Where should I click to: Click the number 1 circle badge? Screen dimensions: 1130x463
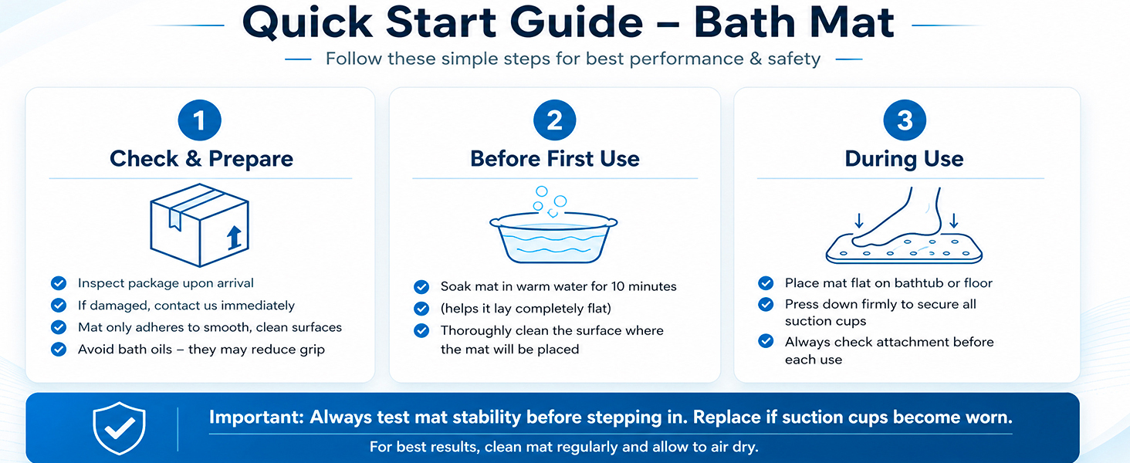pos(199,120)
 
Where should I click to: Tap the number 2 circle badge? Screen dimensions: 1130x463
pos(554,120)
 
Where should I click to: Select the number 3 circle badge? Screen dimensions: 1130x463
pos(905,120)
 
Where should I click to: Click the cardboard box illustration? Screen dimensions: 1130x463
pos(199,225)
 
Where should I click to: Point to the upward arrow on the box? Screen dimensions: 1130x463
pos(234,238)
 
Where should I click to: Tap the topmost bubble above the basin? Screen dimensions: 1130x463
pos(541,191)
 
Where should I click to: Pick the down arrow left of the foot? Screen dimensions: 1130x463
pos(858,221)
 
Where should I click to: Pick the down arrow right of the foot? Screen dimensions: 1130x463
pos(953,221)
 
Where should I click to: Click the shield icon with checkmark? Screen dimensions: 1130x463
pos(119,428)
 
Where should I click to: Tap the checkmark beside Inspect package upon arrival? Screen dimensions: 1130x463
pos(59,283)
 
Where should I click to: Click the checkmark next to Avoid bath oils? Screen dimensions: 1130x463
pos(59,349)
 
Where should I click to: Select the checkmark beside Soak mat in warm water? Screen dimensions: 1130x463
pos(421,286)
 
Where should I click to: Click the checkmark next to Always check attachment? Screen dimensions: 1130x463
pos(766,341)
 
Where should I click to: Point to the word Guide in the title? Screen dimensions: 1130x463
pos(577,22)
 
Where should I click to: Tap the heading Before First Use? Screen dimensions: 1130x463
pos(555,158)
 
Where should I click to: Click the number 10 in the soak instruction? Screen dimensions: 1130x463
pos(618,286)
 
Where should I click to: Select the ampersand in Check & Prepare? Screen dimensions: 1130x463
pos(193,158)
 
